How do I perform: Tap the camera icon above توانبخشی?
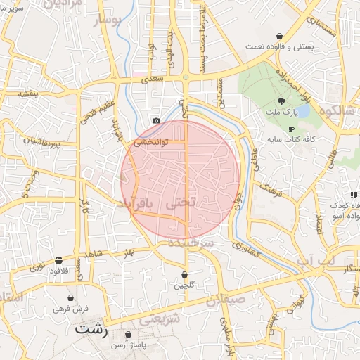coord(156,120)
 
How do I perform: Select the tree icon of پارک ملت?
coord(281,101)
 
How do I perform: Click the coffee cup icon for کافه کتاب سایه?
coord(292,129)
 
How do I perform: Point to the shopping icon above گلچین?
coord(184,274)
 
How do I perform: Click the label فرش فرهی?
coord(70,309)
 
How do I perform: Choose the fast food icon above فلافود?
coord(57,259)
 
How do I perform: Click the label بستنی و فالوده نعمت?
coord(280,47)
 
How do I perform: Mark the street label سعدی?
coord(153,80)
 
